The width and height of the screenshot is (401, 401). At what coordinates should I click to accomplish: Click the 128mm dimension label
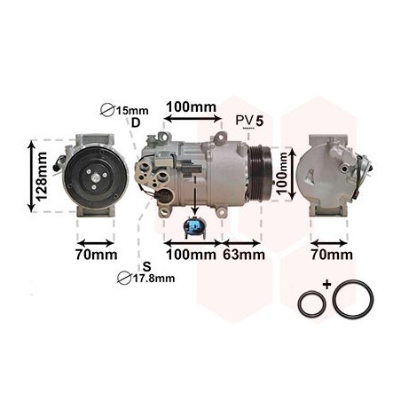pos(42,177)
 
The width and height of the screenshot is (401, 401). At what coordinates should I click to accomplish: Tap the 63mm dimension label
pos(244,255)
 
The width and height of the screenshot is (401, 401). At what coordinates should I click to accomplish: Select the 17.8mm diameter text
pos(153,279)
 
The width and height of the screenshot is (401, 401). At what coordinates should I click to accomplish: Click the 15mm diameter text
pos(132,111)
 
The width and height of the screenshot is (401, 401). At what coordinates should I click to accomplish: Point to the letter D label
pos(136,122)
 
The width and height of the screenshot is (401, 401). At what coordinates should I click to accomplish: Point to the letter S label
pos(146,266)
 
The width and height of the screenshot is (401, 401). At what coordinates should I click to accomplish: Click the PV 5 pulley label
pos(249,121)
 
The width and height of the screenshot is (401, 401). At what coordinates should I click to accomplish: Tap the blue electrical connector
pos(194,227)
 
